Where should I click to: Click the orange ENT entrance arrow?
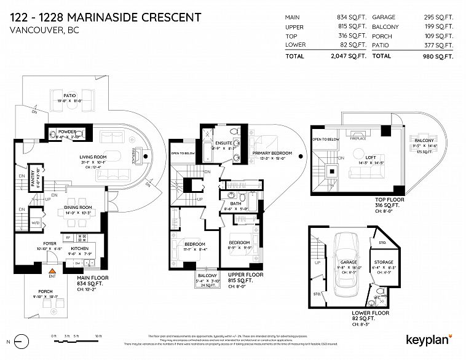click(x=52, y=269)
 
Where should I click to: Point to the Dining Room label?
click(x=78, y=208)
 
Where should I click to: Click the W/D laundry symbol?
click(x=36, y=222)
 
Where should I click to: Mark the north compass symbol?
click(x=22, y=340)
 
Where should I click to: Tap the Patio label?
click(x=69, y=96)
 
